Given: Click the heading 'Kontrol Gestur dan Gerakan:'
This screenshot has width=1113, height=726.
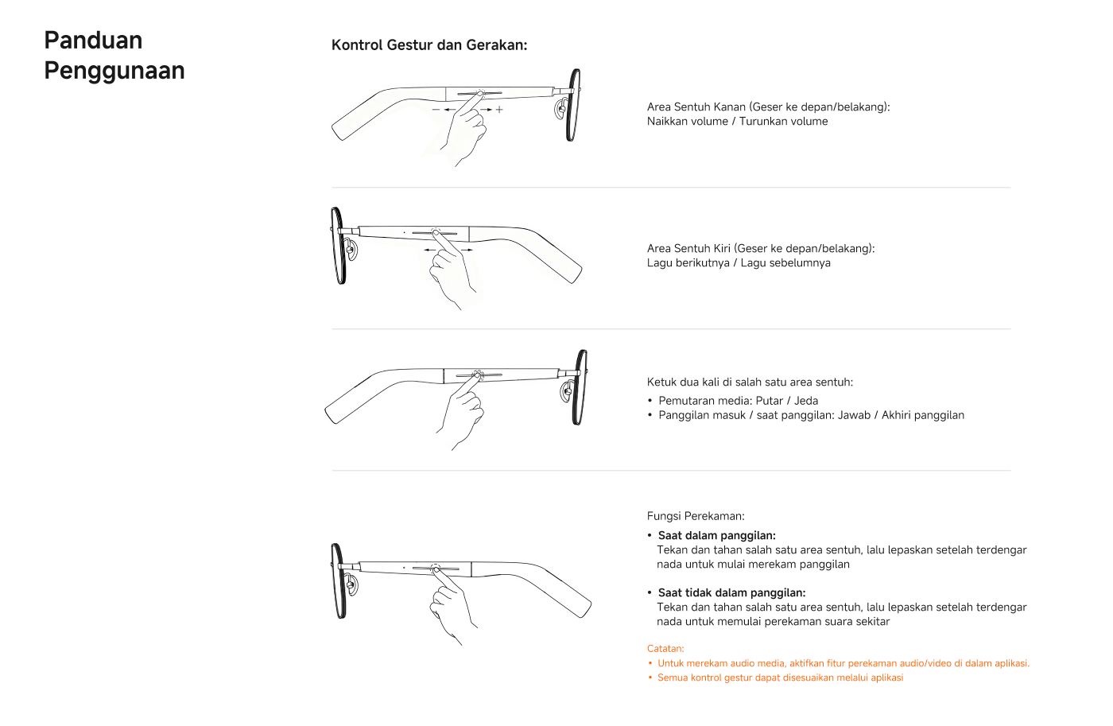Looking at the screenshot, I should [429, 45].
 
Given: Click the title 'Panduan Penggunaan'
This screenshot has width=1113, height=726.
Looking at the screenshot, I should [114, 56].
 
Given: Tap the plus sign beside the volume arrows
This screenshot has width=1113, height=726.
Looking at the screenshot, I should [499, 110].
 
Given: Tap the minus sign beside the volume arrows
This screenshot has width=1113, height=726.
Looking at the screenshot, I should [436, 110].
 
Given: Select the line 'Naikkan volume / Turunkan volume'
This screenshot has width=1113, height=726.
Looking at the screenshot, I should [737, 122].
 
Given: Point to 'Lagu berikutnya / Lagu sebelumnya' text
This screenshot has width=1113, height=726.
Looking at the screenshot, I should [739, 263].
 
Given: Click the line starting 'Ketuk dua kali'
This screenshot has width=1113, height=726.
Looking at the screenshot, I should [750, 382].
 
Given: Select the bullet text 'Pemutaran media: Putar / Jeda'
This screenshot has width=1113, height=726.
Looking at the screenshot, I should [738, 401].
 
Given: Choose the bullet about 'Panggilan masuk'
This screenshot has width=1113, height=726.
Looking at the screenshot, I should [811, 415].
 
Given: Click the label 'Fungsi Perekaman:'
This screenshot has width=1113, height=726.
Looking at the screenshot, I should [696, 516].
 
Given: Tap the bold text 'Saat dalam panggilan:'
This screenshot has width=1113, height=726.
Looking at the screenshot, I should [716, 536].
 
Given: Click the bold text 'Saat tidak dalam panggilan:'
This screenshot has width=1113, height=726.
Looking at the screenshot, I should [731, 593].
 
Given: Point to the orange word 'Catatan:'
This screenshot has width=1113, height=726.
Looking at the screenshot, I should [665, 649].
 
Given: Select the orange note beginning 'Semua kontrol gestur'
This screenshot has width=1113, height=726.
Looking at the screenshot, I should [780, 678].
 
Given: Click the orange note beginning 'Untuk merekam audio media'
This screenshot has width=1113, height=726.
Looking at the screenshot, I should [843, 663].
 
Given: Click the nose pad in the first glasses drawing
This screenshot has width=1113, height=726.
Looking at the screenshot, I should [561, 109].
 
